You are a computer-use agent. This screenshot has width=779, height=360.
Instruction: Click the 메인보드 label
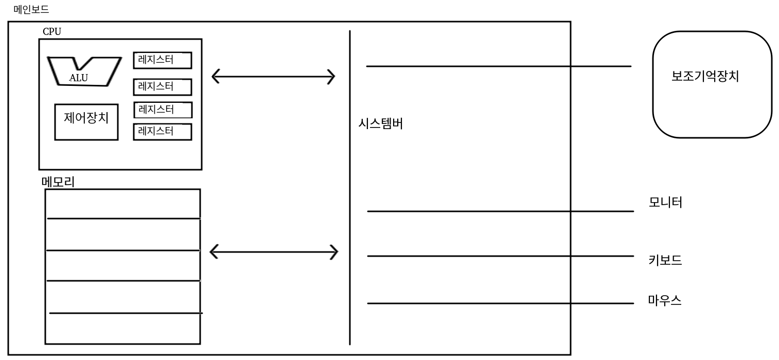tap(31, 9)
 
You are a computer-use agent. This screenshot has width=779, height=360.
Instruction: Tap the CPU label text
tap(51, 32)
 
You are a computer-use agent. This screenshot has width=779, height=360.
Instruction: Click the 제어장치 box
tap(86, 121)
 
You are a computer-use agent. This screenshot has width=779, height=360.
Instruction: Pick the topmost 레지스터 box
tap(162, 60)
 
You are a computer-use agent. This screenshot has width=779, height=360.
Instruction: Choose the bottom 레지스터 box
tap(162, 132)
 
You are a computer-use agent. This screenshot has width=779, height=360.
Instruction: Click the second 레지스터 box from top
tap(162, 87)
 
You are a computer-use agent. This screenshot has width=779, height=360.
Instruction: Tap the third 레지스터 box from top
tap(162, 110)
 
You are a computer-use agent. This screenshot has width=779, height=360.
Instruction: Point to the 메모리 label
tap(58, 182)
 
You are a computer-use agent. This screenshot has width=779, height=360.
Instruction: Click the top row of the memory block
tap(122, 204)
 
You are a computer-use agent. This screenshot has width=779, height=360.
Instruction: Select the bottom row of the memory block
tap(122, 328)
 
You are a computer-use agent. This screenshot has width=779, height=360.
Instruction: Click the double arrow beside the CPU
tap(273, 77)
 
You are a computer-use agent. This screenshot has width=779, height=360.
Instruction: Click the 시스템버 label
tap(380, 124)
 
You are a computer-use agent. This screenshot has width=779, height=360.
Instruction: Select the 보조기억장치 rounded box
tap(712, 85)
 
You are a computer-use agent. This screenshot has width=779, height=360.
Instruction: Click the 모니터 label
tap(665, 202)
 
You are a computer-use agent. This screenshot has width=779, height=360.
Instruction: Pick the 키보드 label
tap(665, 260)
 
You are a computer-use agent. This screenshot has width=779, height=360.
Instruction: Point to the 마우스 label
tap(664, 300)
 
